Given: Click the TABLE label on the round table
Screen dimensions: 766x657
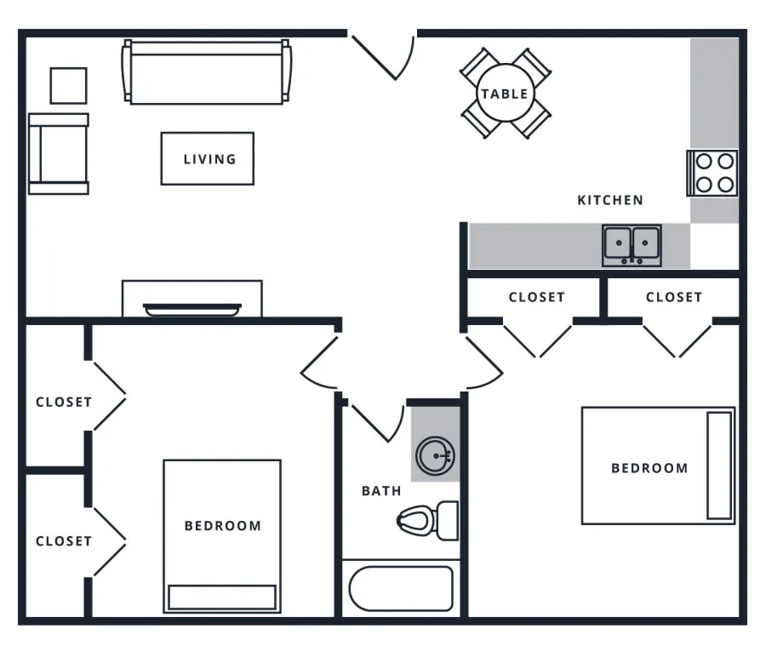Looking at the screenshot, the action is coord(505,94).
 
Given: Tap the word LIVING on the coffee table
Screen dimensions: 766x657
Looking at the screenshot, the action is coord(209,159).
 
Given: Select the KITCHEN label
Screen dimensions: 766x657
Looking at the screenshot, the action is coord(610,200).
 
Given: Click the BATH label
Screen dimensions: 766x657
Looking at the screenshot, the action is coord(381,491).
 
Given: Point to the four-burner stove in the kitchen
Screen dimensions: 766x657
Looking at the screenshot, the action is coord(712,173).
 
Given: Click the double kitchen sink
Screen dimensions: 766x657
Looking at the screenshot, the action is coord(632,245).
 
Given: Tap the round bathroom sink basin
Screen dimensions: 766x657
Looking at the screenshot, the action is coord(435,456).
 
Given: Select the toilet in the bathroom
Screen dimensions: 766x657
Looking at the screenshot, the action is coord(427,520).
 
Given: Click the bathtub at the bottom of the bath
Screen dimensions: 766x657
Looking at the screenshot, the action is coord(401,588).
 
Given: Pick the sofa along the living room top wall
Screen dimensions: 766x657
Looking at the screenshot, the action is coord(207,72).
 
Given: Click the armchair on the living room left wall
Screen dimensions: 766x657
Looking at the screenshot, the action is coord(59,154).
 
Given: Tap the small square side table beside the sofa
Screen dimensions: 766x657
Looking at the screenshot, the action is coord(68,85).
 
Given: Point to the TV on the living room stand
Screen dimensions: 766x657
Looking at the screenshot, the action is coord(192,310).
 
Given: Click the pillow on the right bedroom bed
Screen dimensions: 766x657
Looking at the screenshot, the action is coord(719,465).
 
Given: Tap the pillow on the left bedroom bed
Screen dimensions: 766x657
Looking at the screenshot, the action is coord(222,597).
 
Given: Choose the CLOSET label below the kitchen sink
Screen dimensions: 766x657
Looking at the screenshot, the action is coord(537,298).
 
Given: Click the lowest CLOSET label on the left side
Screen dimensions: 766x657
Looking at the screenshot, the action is coord(64,541).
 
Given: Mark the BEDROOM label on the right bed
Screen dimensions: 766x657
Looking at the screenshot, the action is coord(649,468).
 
